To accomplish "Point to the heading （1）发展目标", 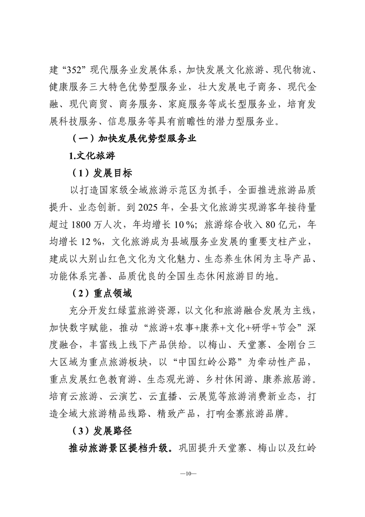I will [101, 174].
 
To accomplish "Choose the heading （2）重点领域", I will [101, 293].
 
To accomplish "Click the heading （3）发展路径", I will [101, 431].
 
